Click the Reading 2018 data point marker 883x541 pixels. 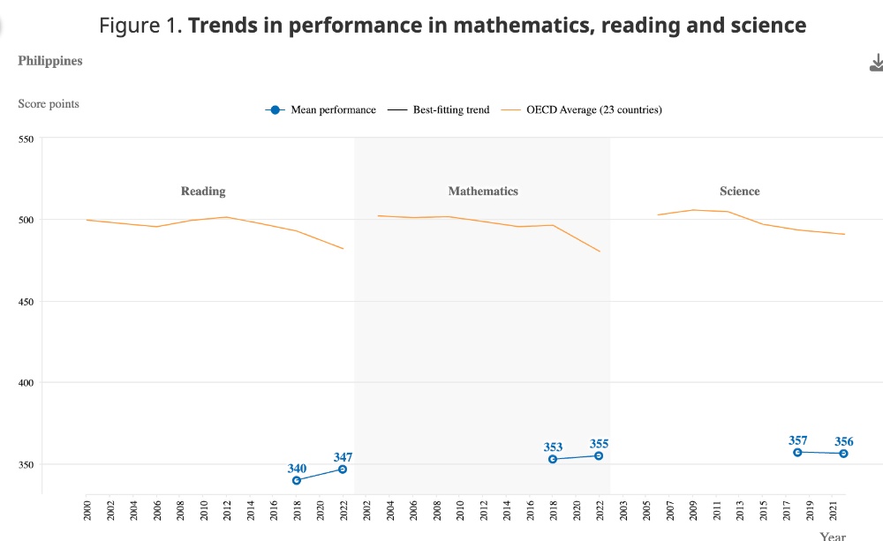pyautogui.click(x=297, y=480)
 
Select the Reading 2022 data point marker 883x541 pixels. pyautogui.click(x=343, y=469)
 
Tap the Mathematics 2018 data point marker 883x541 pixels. pyautogui.click(x=553, y=459)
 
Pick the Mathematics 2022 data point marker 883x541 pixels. pyautogui.click(x=599, y=455)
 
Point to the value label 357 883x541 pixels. pyautogui.click(x=797, y=440)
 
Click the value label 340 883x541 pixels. pyautogui.click(x=297, y=469)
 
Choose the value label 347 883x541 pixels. pyautogui.click(x=343, y=457)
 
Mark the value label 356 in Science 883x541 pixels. pyautogui.click(x=844, y=441)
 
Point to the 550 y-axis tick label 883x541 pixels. pyautogui.click(x=26, y=139)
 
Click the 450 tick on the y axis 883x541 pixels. pyautogui.click(x=26, y=302)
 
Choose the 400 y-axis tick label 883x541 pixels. pyautogui.click(x=26, y=383)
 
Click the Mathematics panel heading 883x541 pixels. pyautogui.click(x=483, y=191)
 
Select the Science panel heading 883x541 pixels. pyautogui.click(x=739, y=191)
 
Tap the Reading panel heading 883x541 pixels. pyautogui.click(x=203, y=191)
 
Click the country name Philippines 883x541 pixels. pyautogui.click(x=50, y=61)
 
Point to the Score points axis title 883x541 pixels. pyautogui.click(x=49, y=103)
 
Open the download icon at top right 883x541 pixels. pyautogui.click(x=876, y=63)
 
